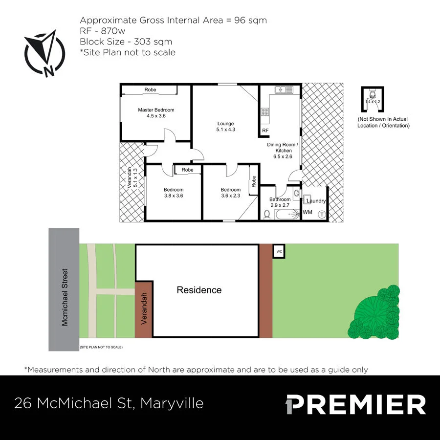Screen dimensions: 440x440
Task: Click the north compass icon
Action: click(45, 54)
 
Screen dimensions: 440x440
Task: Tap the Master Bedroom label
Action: click(156, 110)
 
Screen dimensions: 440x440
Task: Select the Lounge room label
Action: click(225, 124)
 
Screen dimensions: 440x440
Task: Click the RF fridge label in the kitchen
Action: click(265, 131)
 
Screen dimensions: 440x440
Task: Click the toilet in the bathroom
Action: click(267, 214)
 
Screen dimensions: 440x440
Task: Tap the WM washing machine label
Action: click(308, 212)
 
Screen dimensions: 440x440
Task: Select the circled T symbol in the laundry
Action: click(322, 214)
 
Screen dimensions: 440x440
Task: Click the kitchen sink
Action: click(284, 90)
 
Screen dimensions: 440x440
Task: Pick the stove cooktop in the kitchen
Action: click(265, 112)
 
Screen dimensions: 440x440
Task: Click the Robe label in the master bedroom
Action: click(150, 89)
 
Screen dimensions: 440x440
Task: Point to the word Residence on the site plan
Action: click(199, 290)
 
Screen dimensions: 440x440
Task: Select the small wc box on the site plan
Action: click(279, 251)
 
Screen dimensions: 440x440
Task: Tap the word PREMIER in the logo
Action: click(356, 404)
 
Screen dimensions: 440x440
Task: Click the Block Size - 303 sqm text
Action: click(126, 42)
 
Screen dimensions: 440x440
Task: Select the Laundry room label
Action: click(316, 201)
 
